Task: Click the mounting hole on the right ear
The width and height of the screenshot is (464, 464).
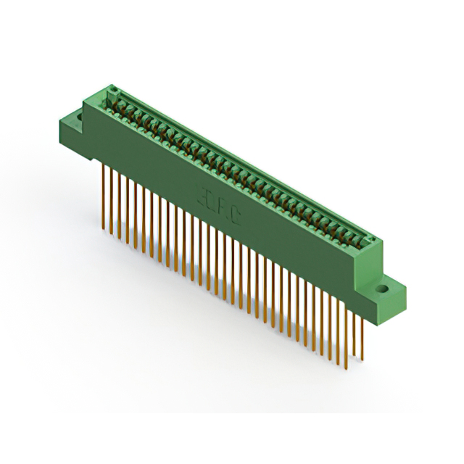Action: click(x=382, y=289)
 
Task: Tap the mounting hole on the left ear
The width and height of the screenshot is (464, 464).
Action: click(x=75, y=115)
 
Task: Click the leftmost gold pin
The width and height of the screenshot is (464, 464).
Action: click(x=104, y=196)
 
